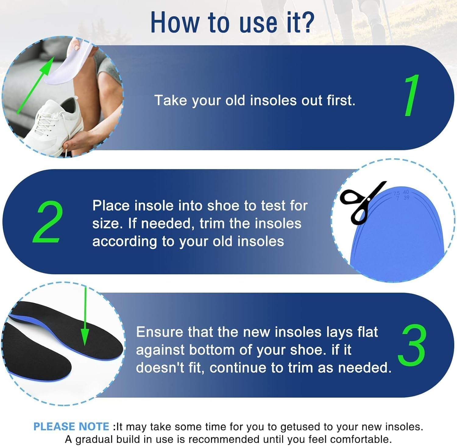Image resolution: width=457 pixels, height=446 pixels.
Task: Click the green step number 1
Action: (412, 96)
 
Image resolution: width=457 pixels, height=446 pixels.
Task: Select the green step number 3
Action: (412, 346)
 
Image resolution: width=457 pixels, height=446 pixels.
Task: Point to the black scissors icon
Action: (361, 202)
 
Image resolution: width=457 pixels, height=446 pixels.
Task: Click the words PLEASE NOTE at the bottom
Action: (71, 427)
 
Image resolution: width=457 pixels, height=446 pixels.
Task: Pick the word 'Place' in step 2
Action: (111, 206)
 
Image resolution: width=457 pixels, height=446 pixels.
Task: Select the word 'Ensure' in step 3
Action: (159, 332)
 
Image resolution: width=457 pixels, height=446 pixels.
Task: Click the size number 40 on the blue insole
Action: (406, 192)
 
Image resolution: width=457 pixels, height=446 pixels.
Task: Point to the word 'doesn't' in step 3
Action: (160, 368)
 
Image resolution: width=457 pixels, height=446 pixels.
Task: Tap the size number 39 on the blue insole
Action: (406, 198)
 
